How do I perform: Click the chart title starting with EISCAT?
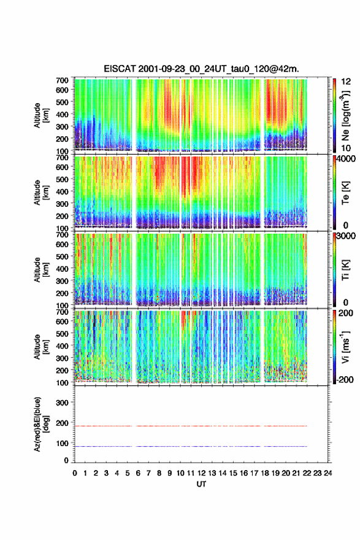[201, 69]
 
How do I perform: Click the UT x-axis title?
[201, 484]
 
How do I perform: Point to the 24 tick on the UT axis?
[327, 473]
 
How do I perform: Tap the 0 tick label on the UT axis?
[75, 473]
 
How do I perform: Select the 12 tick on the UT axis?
[201, 473]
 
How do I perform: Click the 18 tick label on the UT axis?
[265, 473]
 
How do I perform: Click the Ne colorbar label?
[345, 116]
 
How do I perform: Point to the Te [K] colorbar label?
[345, 193]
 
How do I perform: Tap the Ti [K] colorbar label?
[345, 270]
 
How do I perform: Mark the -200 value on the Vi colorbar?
[345, 379]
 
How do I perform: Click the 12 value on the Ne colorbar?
[346, 82]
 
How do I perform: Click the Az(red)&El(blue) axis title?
[40, 424]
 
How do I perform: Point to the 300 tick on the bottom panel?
[63, 403]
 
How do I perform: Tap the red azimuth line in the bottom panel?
[190, 426]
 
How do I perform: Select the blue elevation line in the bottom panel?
[190, 446]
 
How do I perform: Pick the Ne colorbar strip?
[334, 115]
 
